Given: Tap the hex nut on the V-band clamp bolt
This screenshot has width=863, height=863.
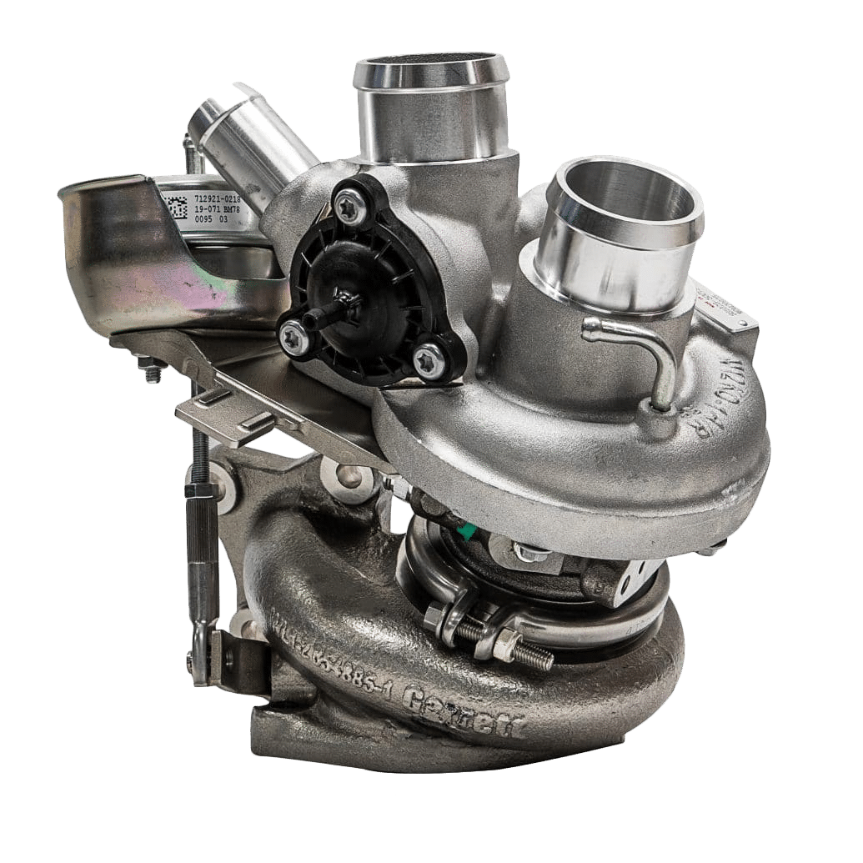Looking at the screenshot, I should point(504,644).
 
